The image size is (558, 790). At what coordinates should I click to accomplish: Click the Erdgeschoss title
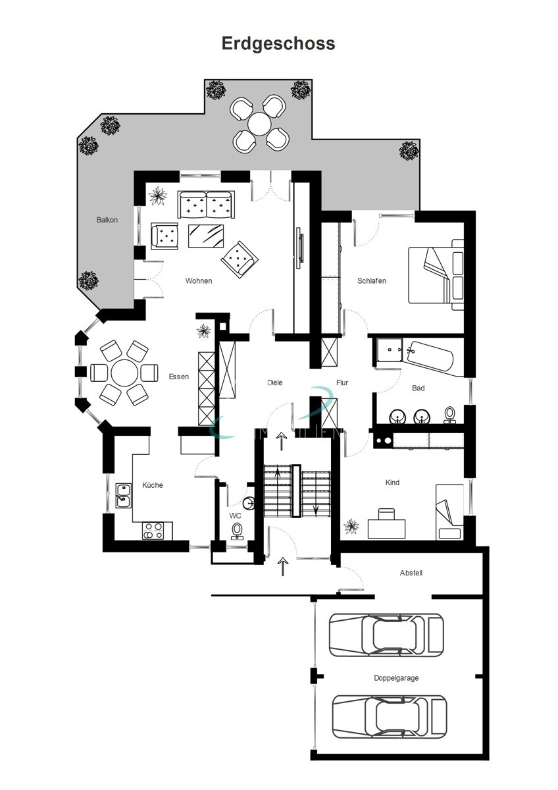[x=278, y=43]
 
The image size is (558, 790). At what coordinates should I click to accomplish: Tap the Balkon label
[x=107, y=220]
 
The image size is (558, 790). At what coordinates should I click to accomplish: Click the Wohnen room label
[x=199, y=281]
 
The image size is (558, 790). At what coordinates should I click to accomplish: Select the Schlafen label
[x=372, y=280]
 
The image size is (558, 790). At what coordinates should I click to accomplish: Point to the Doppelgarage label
[x=396, y=677]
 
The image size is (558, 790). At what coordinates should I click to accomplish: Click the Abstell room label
[x=411, y=573]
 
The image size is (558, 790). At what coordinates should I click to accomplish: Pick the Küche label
[x=153, y=485]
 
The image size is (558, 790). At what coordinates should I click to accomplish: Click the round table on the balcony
[x=261, y=122]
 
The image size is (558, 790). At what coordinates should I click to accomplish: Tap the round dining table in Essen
[x=124, y=373]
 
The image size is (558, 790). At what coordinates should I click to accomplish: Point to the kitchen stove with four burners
[x=153, y=531]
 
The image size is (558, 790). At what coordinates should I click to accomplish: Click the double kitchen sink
[x=122, y=495]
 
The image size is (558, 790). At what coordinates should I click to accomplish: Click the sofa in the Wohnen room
[x=206, y=205]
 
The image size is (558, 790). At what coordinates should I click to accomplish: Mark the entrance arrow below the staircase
[x=283, y=565]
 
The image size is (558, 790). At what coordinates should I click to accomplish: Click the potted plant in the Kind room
[x=352, y=526]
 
